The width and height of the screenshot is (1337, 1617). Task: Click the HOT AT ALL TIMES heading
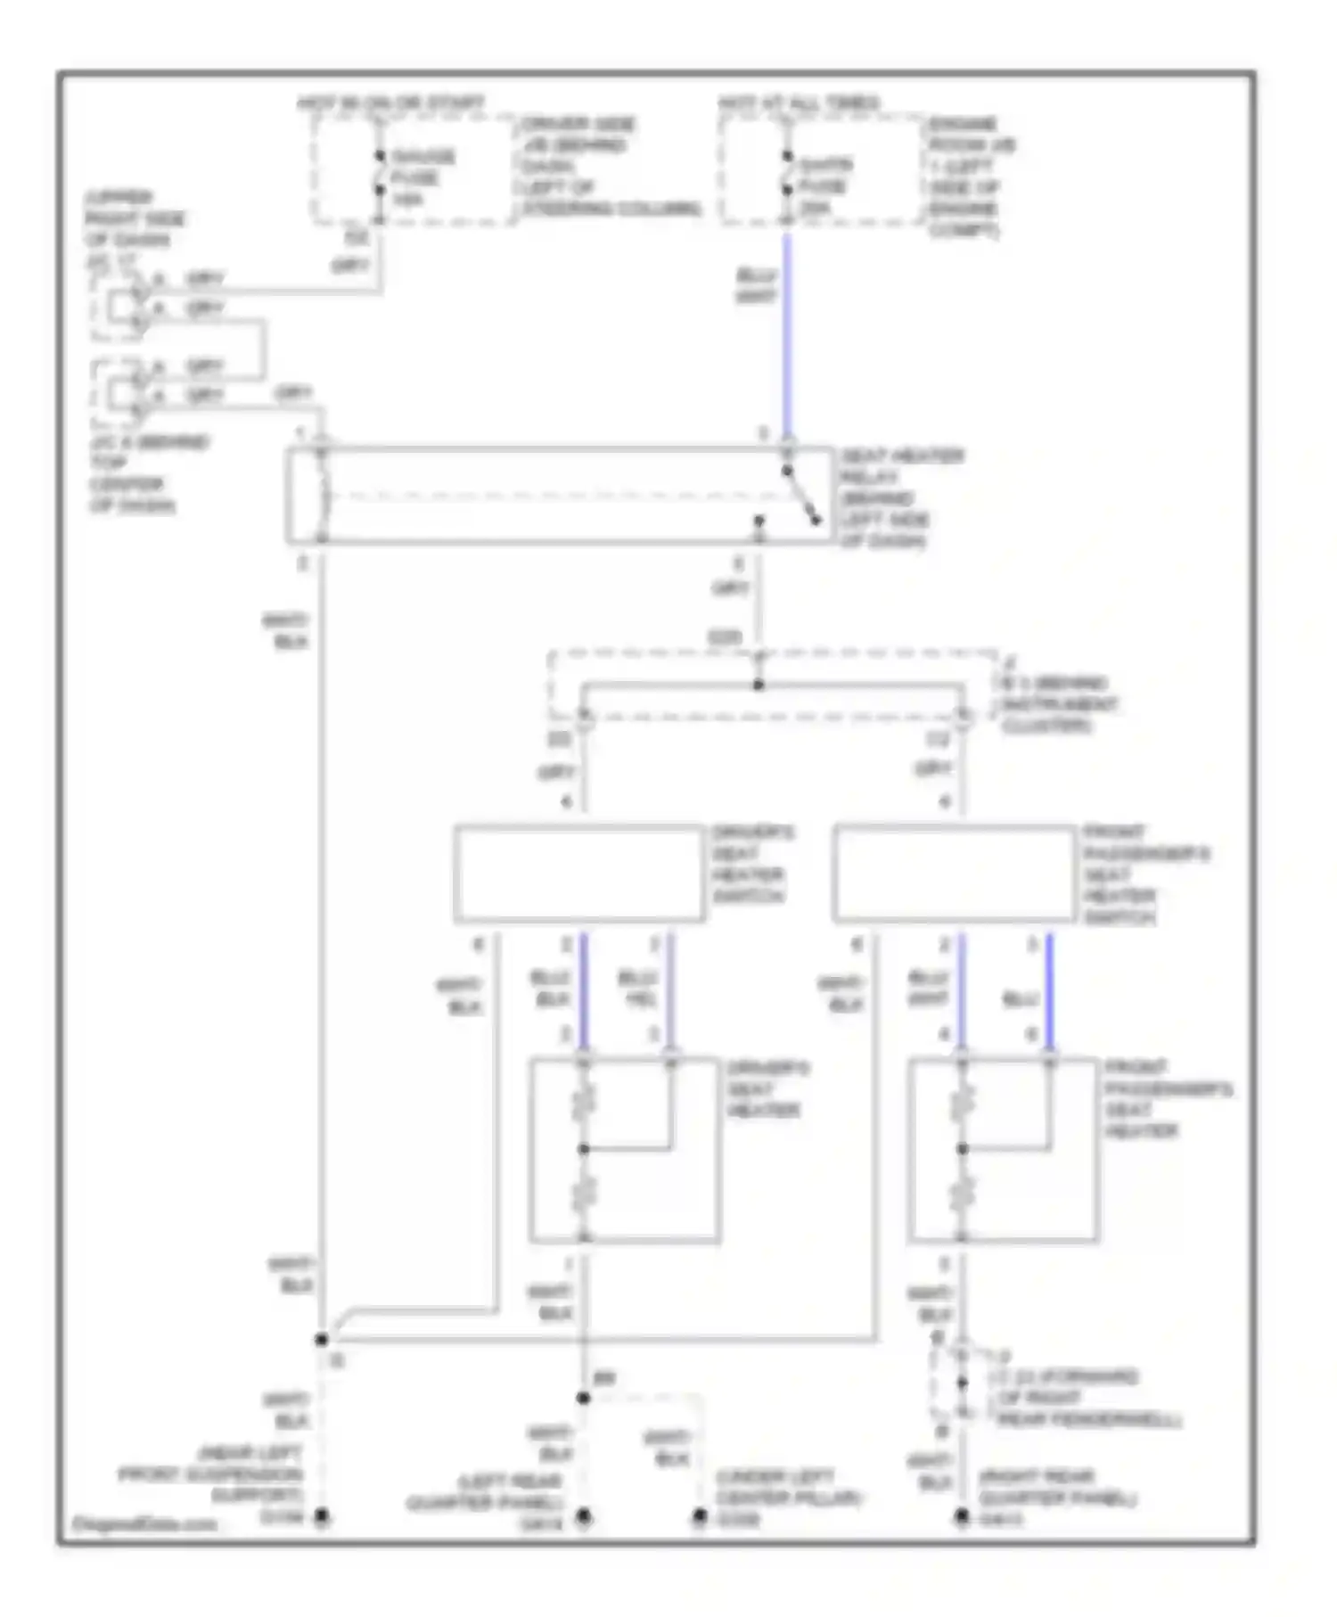click(800, 103)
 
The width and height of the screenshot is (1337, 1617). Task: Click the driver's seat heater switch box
click(579, 874)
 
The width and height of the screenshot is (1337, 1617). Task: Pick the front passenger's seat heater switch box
click(954, 874)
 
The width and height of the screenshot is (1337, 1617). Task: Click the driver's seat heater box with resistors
click(624, 1150)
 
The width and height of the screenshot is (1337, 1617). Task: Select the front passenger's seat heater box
click(1003, 1150)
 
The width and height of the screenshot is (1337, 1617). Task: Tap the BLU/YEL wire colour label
click(638, 989)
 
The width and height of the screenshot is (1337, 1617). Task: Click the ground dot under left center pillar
click(700, 1515)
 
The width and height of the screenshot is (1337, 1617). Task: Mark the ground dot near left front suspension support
click(322, 1515)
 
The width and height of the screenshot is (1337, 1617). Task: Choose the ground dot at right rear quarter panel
click(962, 1515)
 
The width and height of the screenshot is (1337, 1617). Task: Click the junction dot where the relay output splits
click(759, 685)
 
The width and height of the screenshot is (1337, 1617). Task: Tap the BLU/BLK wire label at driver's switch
click(551, 989)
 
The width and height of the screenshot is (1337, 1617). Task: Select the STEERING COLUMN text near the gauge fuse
click(611, 209)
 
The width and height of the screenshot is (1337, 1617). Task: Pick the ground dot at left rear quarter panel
click(584, 1515)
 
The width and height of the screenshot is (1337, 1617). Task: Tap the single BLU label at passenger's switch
click(1021, 999)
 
